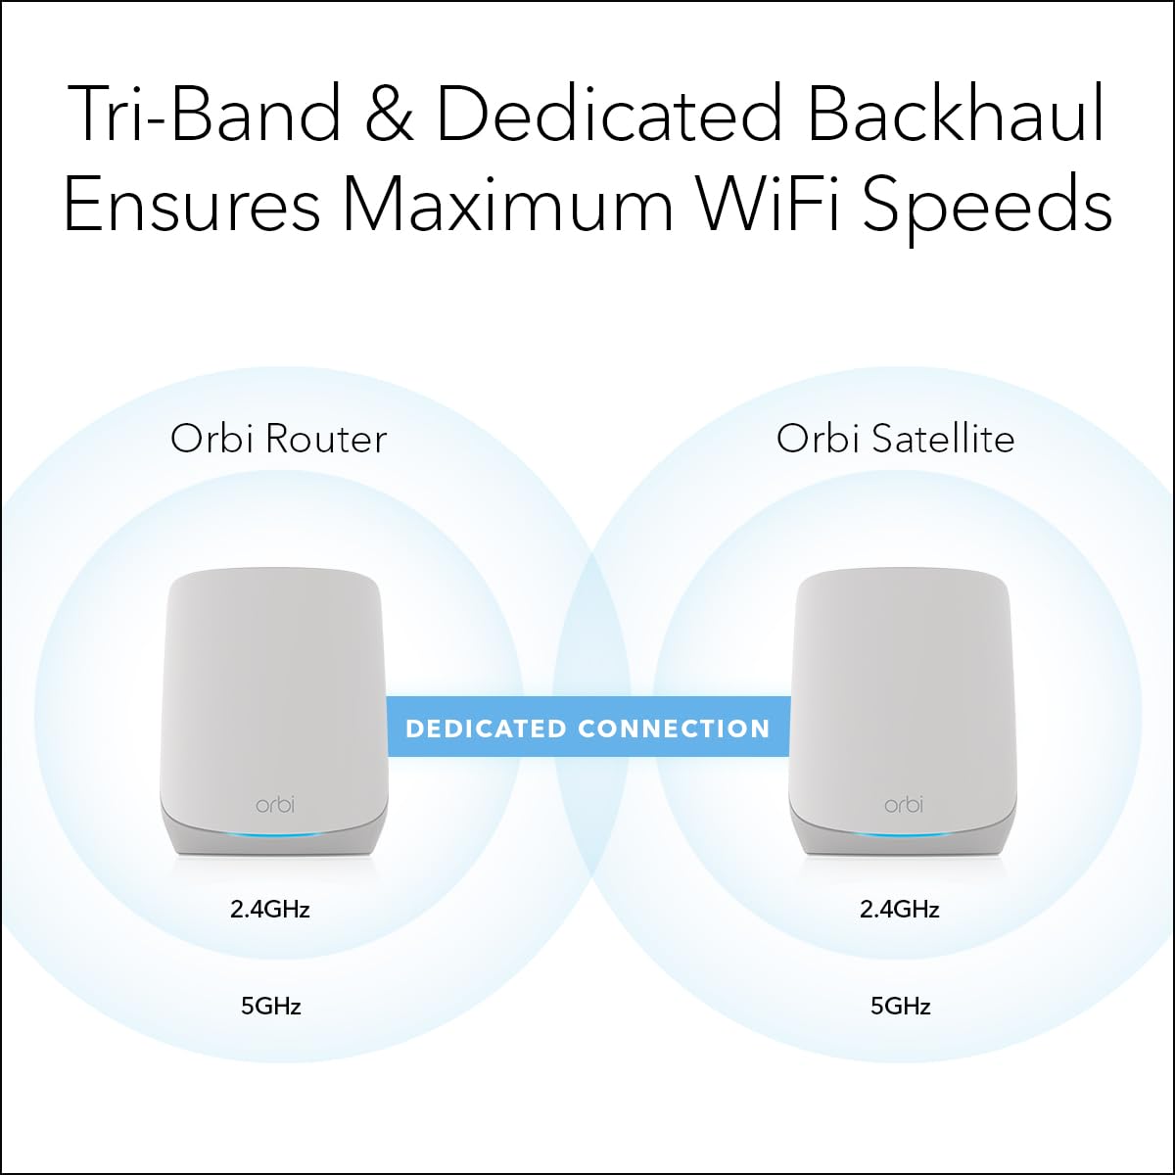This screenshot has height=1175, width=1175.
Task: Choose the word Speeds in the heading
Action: click(989, 206)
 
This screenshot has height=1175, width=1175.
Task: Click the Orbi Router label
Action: click(279, 438)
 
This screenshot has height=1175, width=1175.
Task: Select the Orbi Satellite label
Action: click(895, 438)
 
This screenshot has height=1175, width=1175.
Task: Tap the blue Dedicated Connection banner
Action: click(588, 728)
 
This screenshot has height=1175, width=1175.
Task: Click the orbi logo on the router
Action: click(275, 804)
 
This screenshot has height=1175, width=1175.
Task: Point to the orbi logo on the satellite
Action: click(903, 804)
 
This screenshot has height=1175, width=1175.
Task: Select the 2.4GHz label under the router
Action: click(270, 910)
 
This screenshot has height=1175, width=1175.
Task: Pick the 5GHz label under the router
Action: click(271, 1006)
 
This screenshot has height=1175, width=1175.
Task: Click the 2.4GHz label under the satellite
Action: click(900, 910)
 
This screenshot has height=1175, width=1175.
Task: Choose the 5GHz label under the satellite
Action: click(901, 1006)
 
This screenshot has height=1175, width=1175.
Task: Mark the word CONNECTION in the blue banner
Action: click(675, 728)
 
